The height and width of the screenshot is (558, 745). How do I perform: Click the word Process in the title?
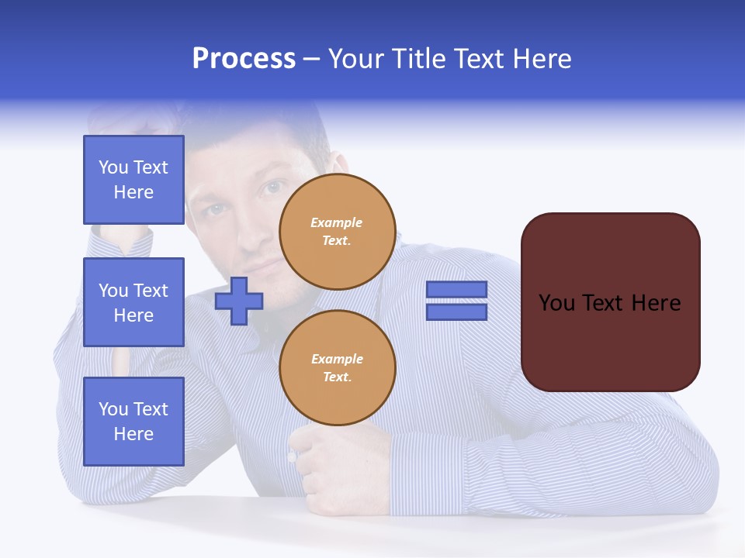click(x=244, y=59)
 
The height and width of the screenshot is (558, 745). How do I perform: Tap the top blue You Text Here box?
click(x=133, y=180)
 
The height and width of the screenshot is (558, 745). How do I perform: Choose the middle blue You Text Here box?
click(x=133, y=302)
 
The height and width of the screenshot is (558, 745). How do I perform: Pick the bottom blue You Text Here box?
click(x=133, y=422)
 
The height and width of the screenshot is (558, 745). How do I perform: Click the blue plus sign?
click(x=239, y=301)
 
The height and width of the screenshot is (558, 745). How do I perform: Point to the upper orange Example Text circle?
click(x=338, y=232)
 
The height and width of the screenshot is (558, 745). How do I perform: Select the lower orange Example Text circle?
click(x=338, y=368)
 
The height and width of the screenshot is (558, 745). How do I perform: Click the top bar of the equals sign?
click(x=456, y=290)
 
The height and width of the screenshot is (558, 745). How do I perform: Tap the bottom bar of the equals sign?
click(x=456, y=312)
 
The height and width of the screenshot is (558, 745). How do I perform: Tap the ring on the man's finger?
click(x=293, y=456)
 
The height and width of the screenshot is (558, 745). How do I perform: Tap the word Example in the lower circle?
click(x=338, y=359)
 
